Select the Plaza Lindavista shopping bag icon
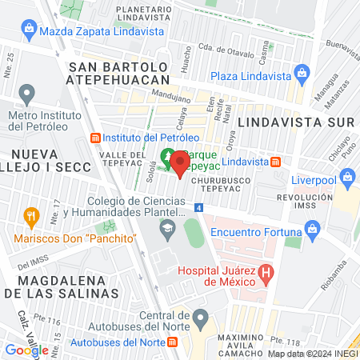pos(302,76)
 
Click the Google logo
pos(26,350)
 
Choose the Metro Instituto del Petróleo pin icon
pos(27,95)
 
